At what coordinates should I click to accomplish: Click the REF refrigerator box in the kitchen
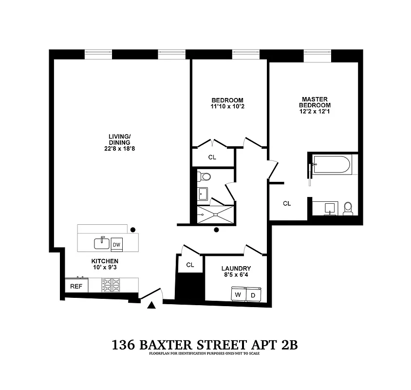coord(76,286)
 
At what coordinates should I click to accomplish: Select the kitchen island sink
coord(102,243)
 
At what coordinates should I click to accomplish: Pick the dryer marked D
coord(252,294)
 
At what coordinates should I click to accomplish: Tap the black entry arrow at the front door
coord(151,305)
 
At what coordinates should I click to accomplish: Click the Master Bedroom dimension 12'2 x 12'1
coord(315,112)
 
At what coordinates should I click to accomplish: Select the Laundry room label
coord(236,268)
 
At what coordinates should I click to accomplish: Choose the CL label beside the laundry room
coord(190,265)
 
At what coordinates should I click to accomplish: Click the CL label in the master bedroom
coord(287,203)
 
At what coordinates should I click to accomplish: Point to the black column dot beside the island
coord(132,229)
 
